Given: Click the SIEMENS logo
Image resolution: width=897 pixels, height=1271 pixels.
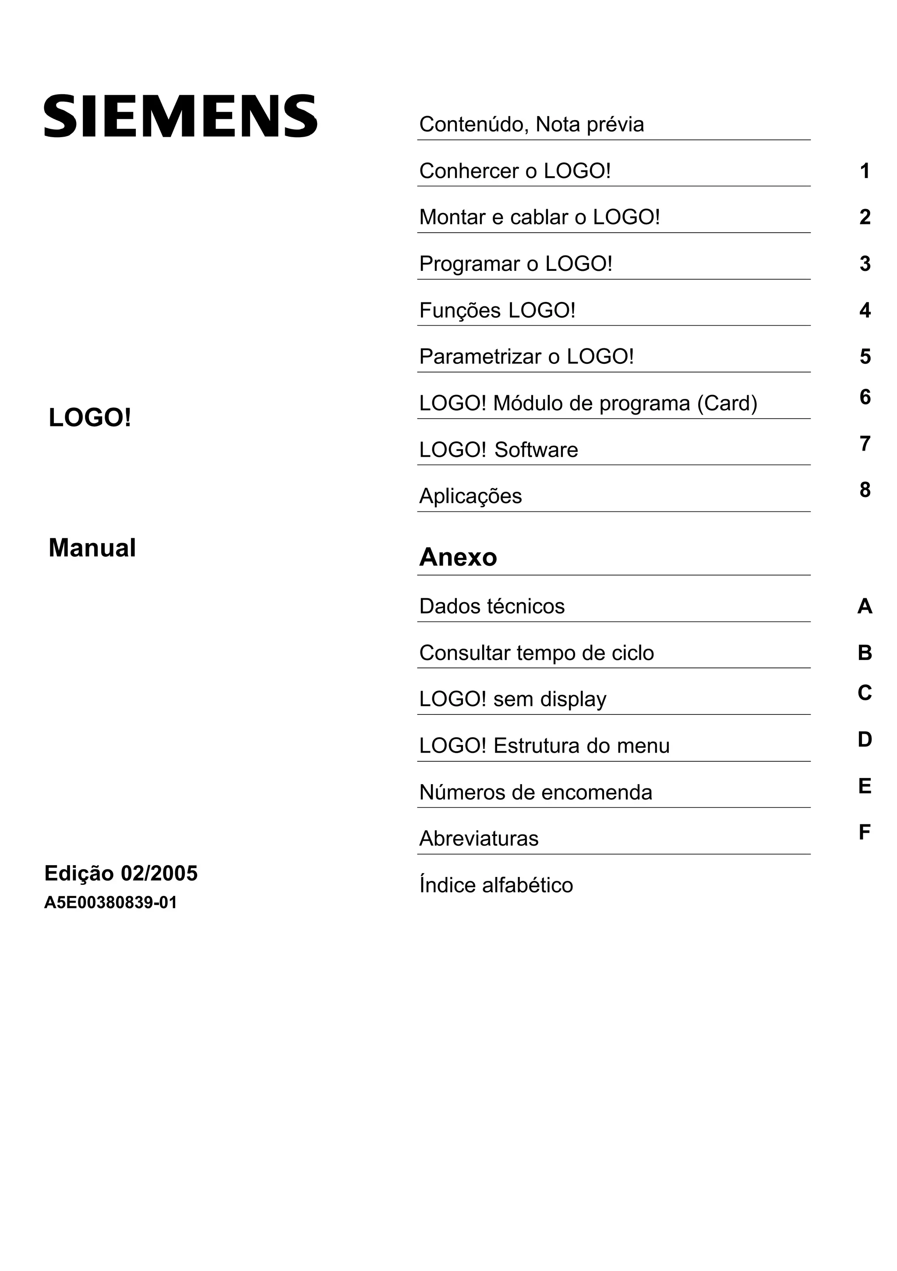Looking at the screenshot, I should pyautogui.click(x=180, y=116).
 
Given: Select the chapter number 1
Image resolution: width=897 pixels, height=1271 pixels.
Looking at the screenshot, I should pyautogui.click(x=864, y=171).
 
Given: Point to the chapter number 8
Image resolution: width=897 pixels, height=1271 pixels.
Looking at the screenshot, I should pyautogui.click(x=864, y=490).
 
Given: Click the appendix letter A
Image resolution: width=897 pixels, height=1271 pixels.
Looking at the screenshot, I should pyautogui.click(x=864, y=607).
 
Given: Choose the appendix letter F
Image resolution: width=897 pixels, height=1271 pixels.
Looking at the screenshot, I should pyautogui.click(x=864, y=832).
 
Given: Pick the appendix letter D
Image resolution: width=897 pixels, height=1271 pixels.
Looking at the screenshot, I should pyautogui.click(x=864, y=739).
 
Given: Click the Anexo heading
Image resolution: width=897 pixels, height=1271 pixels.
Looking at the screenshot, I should pyautogui.click(x=458, y=557).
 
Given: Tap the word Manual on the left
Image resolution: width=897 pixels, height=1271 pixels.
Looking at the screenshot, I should pyautogui.click(x=92, y=548).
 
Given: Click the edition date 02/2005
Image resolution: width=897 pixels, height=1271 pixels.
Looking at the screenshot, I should pyautogui.click(x=159, y=873).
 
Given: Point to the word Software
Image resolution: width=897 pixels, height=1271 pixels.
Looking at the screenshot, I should pyautogui.click(x=536, y=450).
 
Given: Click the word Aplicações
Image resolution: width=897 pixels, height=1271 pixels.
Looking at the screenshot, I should pyautogui.click(x=470, y=496).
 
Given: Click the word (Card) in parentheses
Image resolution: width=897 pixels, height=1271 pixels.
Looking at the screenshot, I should pyautogui.click(x=727, y=404).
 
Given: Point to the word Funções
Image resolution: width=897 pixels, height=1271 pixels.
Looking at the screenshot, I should pyautogui.click(x=460, y=311).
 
